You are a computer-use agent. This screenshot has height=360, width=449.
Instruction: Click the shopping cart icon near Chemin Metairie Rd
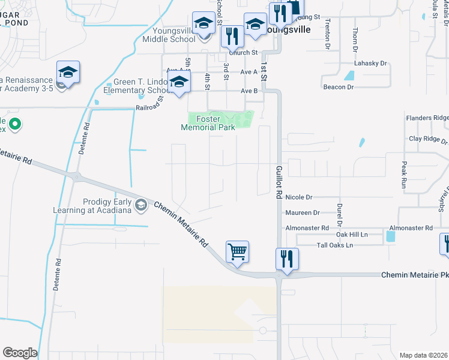[238, 252]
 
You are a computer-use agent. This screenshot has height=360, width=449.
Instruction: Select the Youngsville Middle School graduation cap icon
[203, 23]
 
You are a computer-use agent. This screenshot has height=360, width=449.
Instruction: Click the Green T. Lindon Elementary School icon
[179, 83]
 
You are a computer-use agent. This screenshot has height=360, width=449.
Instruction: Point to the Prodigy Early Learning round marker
[141, 206]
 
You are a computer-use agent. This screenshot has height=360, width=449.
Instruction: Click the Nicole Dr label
[299, 197]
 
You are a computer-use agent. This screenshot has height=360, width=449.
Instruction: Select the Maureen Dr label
[303, 212]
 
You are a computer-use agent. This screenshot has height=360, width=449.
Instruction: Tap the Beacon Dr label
[339, 87]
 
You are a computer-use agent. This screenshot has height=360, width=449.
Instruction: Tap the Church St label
[243, 53]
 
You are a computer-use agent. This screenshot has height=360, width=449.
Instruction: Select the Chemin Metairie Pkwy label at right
[414, 275]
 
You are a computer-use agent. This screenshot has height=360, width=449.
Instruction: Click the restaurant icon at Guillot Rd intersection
[287, 259]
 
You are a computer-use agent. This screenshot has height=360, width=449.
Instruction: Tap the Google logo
[20, 353]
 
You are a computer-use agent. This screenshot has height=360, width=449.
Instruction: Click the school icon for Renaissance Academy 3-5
[68, 73]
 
